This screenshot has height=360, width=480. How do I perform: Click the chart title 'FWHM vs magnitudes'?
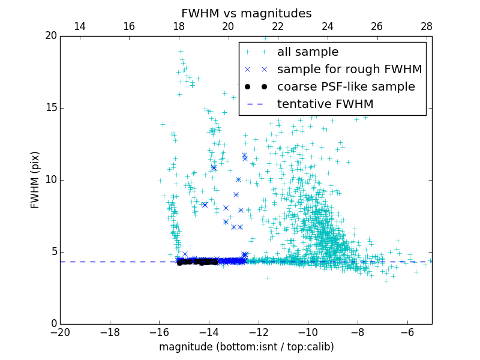coord(246,13)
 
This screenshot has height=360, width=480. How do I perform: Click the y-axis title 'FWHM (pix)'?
coord(35,180)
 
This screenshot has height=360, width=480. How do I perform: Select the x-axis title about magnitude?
coord(246,347)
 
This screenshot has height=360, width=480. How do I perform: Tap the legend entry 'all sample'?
coord(308,52)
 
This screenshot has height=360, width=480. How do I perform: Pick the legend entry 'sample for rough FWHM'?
coord(349,70)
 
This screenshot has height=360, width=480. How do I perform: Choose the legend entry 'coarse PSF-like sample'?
coord(346,87)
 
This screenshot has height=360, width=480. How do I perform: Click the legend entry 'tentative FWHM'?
coord(325,104)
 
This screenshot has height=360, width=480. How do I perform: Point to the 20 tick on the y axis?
coord(50,36)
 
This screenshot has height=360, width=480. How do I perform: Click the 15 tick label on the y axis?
coord(50,108)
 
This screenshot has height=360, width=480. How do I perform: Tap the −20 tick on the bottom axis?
coord(60,332)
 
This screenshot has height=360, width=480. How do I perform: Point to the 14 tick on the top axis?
coord(79,26)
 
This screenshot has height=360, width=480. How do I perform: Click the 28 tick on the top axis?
coord(427,26)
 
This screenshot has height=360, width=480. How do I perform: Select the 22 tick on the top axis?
coord(278,26)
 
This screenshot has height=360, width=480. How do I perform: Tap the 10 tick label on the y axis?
coord(50,180)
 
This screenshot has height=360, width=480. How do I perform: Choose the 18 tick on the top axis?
coord(179,26)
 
